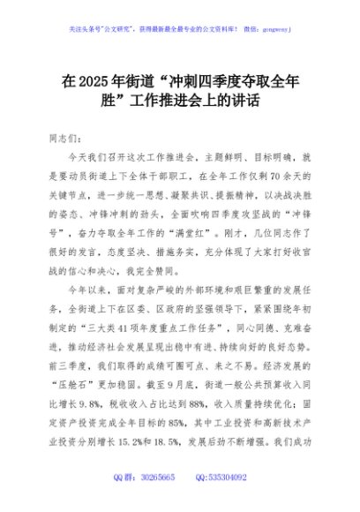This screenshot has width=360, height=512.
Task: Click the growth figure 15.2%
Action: click(x=130, y=426)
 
